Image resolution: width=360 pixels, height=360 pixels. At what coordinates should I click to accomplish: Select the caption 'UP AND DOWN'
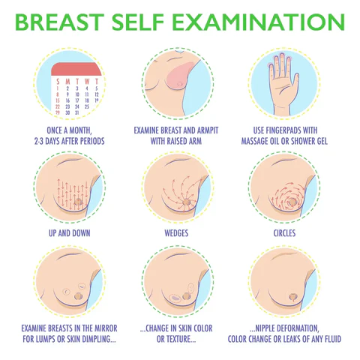tap(70, 233)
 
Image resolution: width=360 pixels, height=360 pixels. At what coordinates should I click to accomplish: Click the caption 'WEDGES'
tap(179, 233)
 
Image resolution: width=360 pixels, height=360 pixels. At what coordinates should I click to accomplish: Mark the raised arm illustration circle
tap(179, 82)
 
